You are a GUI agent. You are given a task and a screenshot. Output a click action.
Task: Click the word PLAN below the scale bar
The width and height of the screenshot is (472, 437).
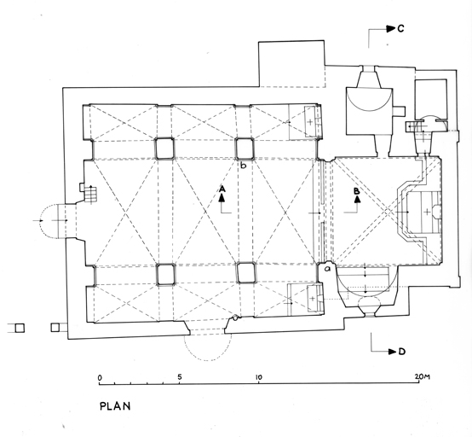click(x=115, y=406)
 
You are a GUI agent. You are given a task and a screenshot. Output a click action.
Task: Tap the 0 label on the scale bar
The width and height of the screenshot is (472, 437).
click(x=100, y=377)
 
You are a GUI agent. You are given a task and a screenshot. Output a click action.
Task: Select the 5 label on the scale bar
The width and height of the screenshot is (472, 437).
click(x=180, y=376)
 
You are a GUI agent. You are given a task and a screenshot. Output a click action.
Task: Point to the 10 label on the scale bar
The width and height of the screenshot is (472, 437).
click(x=258, y=377)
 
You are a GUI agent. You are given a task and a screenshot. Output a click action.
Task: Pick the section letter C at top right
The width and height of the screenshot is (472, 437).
click(x=400, y=29)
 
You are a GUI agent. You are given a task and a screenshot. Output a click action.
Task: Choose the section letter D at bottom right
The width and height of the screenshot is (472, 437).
click(x=402, y=352)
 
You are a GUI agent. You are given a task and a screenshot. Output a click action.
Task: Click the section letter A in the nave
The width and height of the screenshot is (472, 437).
click(x=222, y=189)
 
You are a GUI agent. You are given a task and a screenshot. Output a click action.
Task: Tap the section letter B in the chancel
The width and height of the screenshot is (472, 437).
click(x=356, y=191)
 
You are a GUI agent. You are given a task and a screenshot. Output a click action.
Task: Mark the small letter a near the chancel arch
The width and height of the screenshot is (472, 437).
click(x=327, y=268)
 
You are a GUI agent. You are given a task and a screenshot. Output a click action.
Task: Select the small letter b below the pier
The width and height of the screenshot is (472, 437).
click(x=244, y=166)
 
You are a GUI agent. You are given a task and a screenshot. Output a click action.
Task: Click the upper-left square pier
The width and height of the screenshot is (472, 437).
click(x=164, y=148)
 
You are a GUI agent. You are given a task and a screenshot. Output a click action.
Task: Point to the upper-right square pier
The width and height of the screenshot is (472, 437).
click(x=245, y=148)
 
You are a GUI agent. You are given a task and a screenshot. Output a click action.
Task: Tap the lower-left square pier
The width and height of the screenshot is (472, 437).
click(x=166, y=274)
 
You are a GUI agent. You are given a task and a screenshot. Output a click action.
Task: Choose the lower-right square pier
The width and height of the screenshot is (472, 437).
click(x=246, y=273)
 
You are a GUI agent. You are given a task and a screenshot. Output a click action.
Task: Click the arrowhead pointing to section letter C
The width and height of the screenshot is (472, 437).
click(x=391, y=29)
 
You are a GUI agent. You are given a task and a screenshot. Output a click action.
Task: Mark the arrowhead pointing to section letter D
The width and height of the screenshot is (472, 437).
click(x=393, y=352)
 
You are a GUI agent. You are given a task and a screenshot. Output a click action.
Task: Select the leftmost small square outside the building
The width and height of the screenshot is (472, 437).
click(x=20, y=328)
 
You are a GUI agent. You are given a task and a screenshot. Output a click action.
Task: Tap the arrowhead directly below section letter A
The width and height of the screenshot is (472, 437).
click(x=222, y=197)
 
